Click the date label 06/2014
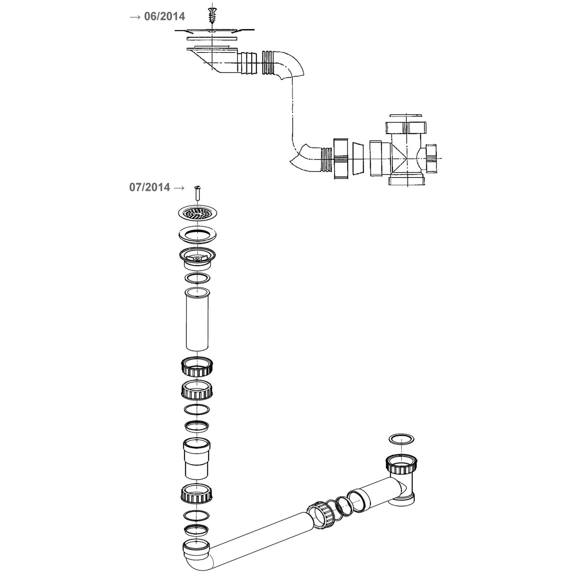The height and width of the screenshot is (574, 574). tap(165, 16)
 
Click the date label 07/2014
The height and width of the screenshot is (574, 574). tap(150, 187)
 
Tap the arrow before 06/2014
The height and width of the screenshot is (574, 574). tap(135, 17)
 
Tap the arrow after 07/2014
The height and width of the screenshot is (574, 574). tap(179, 188)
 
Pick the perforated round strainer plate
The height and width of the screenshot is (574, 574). tap(197, 213)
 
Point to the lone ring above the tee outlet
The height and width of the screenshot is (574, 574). tap(401, 439)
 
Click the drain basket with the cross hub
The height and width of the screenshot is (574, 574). tap(197, 258)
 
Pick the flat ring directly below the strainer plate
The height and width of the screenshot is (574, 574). tap(197, 235)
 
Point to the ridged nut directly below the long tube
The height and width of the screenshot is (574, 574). tap(197, 366)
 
